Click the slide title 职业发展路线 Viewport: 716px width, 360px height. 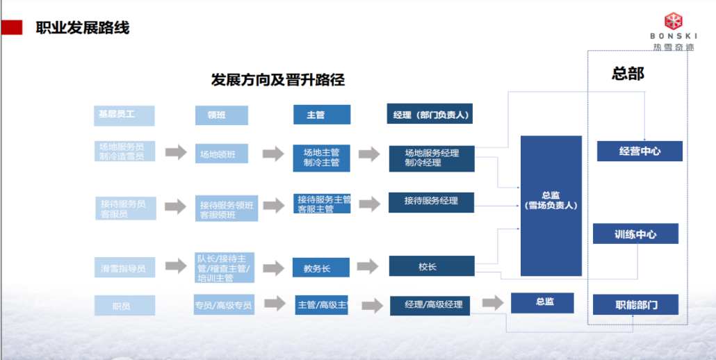click(x=83, y=28)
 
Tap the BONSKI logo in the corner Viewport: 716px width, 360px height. click(x=672, y=32)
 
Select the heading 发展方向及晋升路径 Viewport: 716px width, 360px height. click(x=278, y=80)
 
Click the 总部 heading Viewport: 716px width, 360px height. click(x=627, y=73)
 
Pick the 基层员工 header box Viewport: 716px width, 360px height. click(x=124, y=115)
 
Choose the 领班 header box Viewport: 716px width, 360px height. click(x=222, y=115)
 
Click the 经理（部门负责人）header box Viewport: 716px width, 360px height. click(x=430, y=115)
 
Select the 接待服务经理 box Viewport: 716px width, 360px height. click(x=431, y=202)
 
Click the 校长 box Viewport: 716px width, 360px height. click(x=431, y=267)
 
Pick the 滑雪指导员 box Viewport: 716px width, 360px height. click(x=124, y=268)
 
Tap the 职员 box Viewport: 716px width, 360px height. click(x=124, y=305)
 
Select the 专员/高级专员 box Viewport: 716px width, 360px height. click(x=224, y=304)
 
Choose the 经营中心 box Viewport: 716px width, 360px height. click(x=639, y=151)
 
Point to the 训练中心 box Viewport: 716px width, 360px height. click(x=635, y=234)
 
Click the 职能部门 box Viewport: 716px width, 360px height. click(x=635, y=304)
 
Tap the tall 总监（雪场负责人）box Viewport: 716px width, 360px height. click(x=551, y=205)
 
